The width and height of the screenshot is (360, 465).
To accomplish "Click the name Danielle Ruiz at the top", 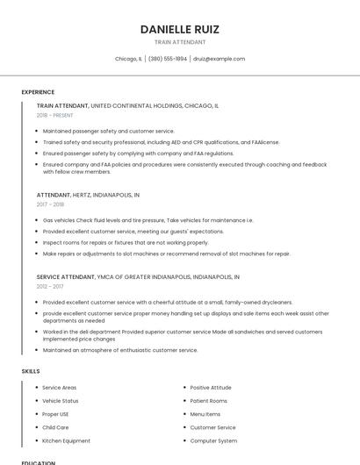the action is tap(180, 29).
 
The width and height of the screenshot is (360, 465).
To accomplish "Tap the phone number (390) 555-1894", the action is tap(168, 59).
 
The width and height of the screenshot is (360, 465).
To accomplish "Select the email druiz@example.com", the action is tap(219, 59).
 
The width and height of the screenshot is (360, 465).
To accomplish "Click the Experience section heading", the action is tap(38, 92).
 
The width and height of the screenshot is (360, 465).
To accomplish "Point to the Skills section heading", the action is tap(31, 371).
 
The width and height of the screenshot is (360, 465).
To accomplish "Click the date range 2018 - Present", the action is tap(55, 115).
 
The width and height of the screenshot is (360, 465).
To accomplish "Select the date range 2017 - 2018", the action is tap(50, 204).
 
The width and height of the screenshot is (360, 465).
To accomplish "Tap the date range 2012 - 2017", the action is tap(50, 286).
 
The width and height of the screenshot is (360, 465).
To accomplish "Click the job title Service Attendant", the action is tap(65, 276).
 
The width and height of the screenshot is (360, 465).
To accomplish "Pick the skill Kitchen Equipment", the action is tap(66, 440).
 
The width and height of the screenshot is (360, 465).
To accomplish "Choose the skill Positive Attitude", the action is tap(211, 387).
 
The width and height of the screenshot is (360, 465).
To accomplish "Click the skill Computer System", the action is tap(213, 440).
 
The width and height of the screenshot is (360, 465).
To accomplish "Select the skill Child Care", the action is tap(55, 427).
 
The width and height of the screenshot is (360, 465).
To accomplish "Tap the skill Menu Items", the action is tap(205, 414).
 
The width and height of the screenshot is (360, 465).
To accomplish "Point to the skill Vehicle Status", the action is tap(61, 400).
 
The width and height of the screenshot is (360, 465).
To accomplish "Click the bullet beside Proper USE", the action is tap(36, 414).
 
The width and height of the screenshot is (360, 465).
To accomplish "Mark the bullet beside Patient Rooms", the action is tap(184, 400).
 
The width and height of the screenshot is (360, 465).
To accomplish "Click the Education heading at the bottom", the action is tap(39, 461).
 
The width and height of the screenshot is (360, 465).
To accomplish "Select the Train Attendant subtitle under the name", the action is tap(180, 42).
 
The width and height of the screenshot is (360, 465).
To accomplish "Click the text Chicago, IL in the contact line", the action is tap(128, 59).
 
